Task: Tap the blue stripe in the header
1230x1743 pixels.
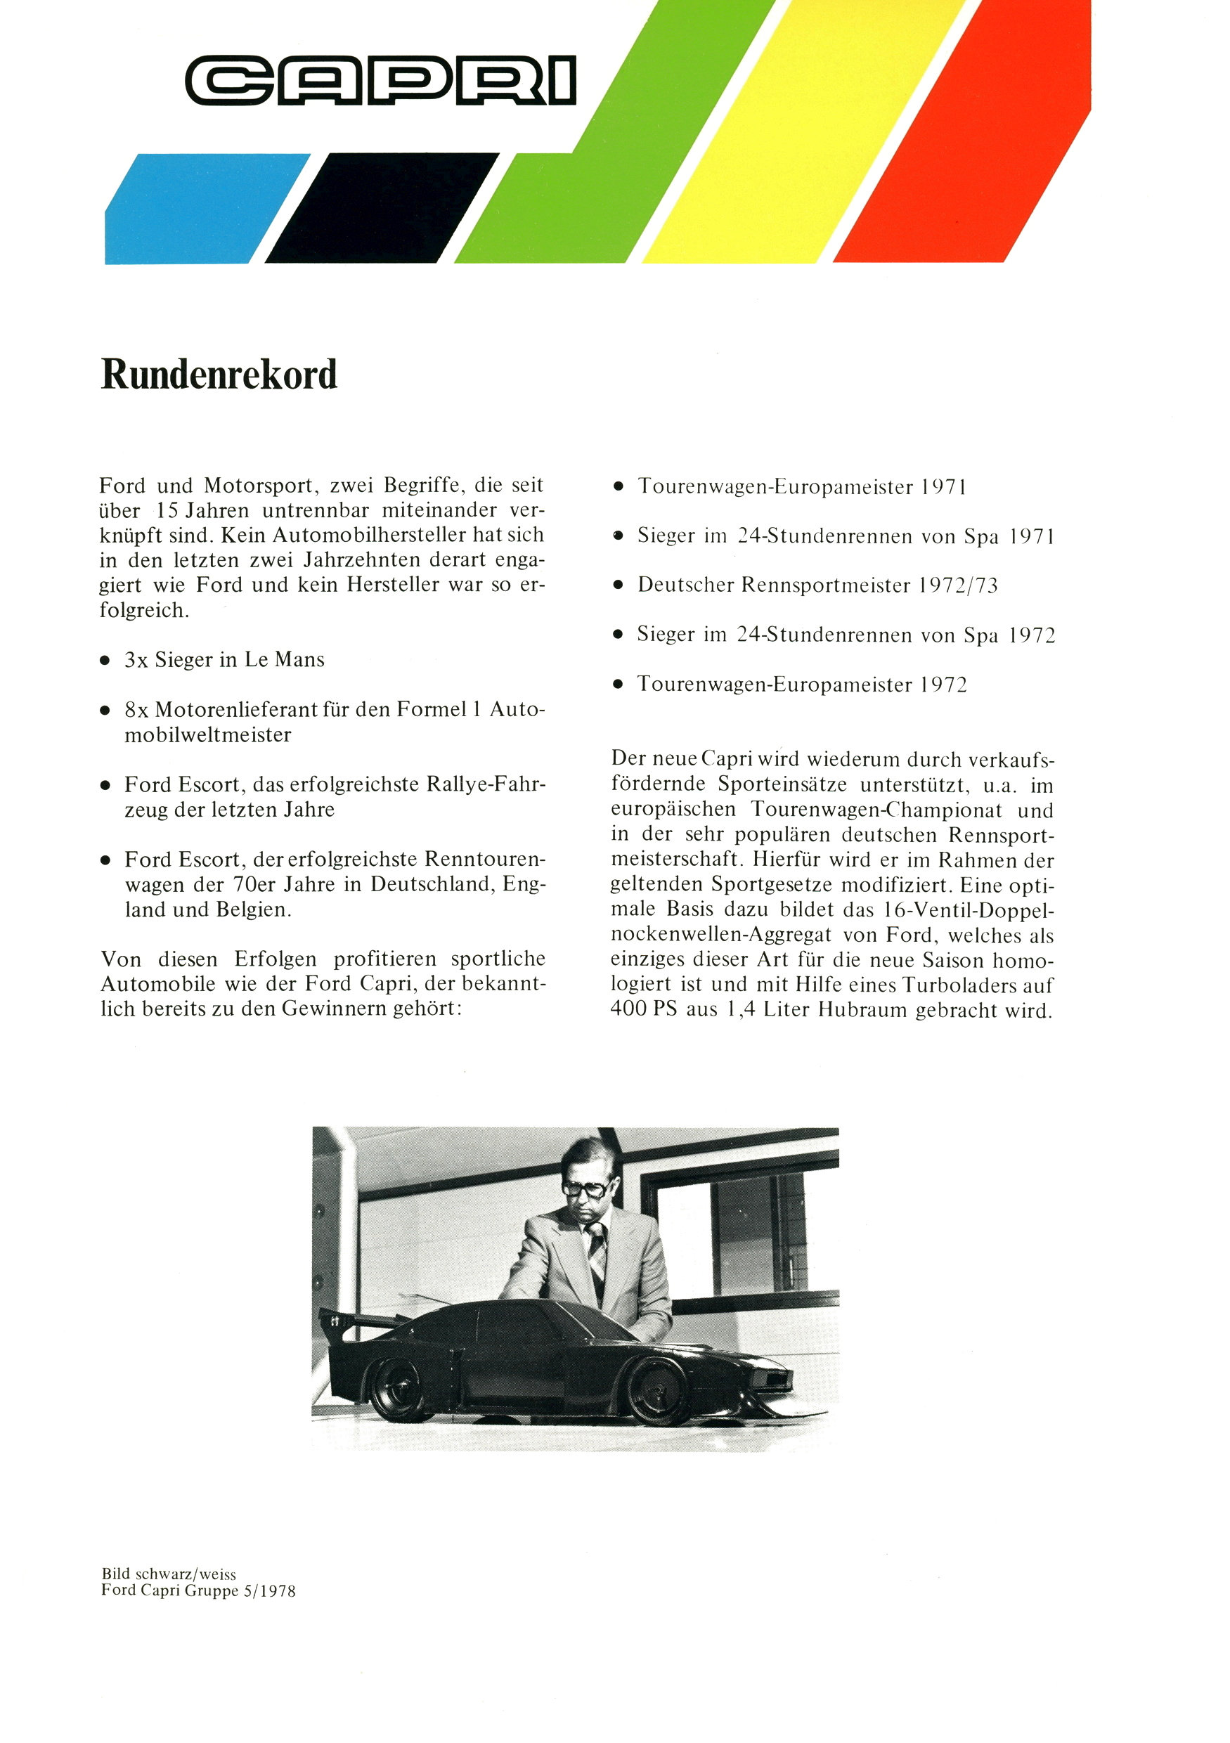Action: coord(205,209)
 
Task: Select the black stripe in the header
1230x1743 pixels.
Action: coord(380,209)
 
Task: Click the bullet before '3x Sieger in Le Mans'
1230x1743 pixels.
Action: coord(105,661)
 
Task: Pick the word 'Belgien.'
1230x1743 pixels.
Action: coord(254,909)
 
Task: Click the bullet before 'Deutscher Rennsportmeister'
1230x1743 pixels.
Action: coord(618,585)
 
